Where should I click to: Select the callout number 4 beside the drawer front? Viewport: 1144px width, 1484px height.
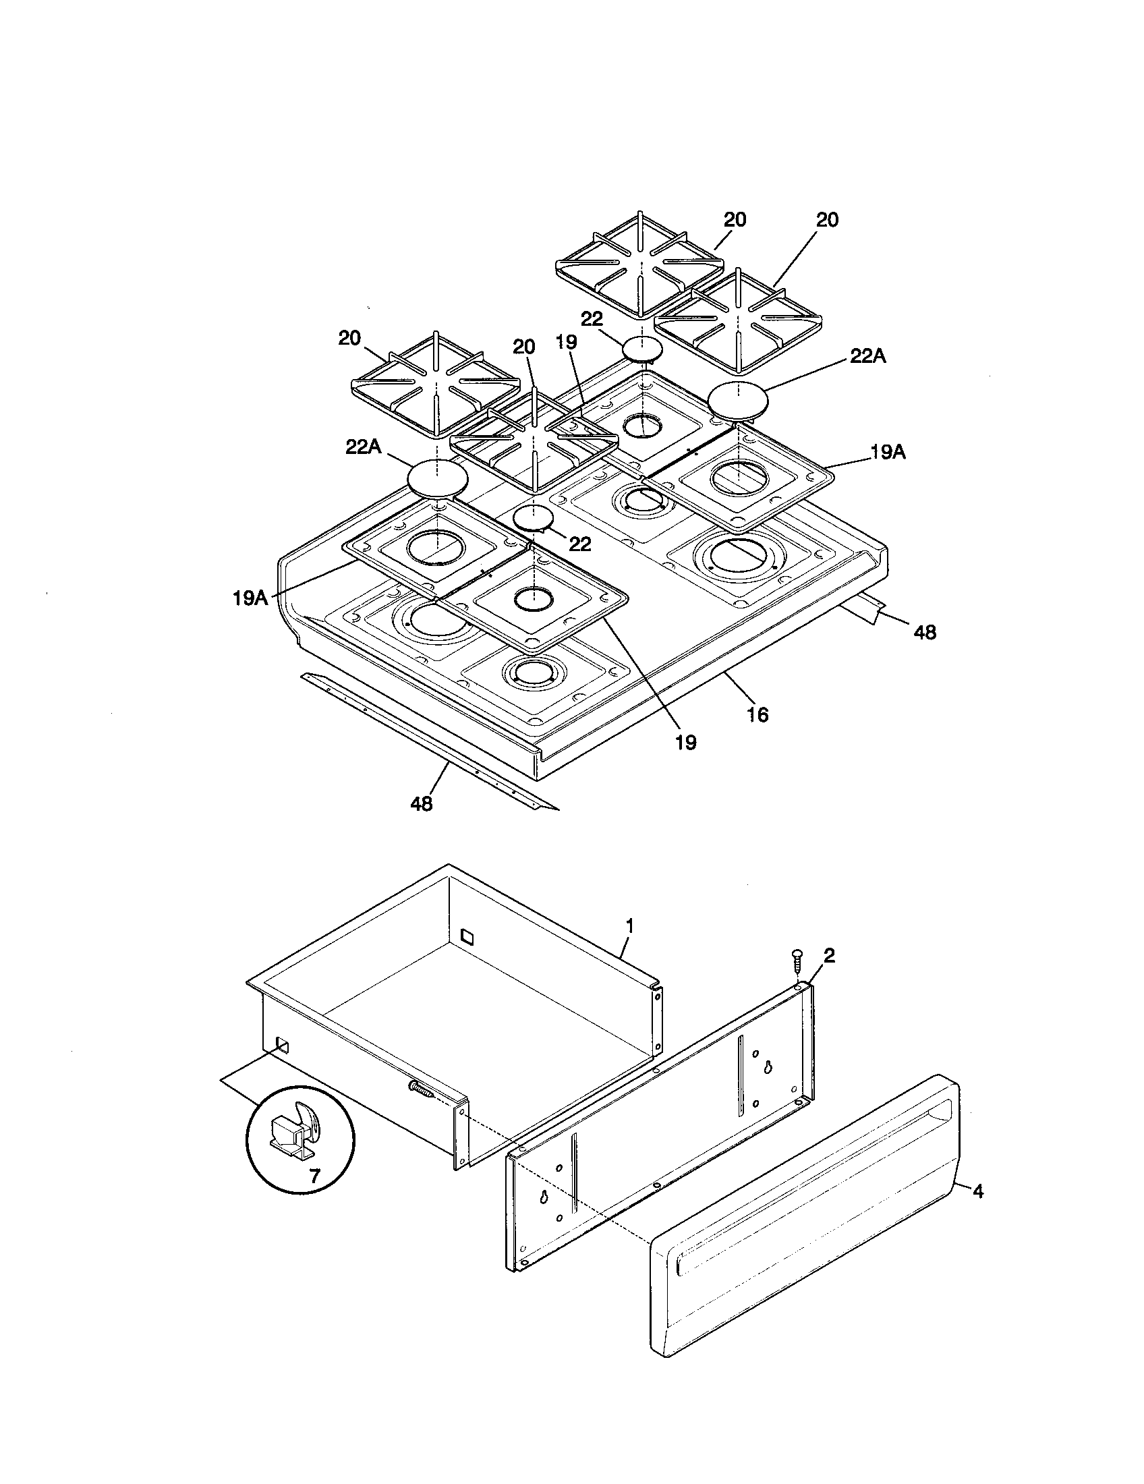pos(977,1191)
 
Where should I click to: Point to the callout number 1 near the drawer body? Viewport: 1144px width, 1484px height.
pos(630,925)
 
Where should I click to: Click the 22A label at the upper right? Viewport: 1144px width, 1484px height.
pos(867,356)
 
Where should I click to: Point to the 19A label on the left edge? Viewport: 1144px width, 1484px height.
pos(250,598)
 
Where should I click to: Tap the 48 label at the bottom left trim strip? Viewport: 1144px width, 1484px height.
pos(421,804)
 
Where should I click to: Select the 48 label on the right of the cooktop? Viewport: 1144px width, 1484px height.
pos(925,632)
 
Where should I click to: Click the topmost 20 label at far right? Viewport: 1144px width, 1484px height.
pos(827,219)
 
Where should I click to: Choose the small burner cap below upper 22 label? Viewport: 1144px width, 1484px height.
pos(642,349)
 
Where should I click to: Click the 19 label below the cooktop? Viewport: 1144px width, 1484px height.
pos(686,743)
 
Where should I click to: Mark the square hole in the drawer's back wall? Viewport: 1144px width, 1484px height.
pos(466,936)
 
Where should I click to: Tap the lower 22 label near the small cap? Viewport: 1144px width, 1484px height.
pos(579,544)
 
